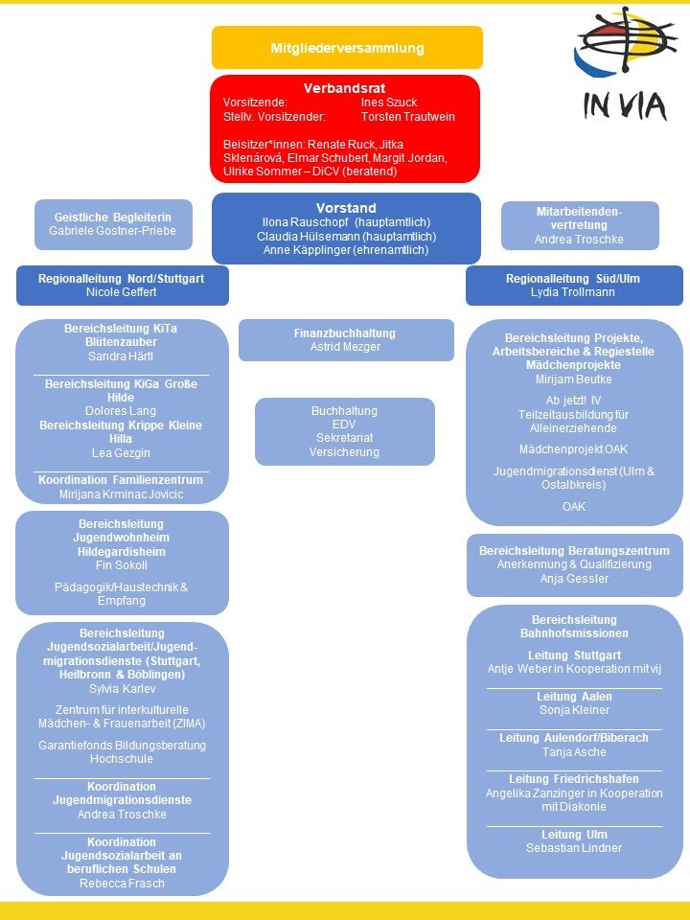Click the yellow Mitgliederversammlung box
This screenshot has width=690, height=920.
[347, 47]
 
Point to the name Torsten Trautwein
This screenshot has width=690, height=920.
[407, 116]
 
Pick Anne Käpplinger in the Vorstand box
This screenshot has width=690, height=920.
[346, 249]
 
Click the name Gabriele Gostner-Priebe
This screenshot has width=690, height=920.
[113, 231]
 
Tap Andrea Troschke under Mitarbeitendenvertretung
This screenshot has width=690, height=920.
[580, 240]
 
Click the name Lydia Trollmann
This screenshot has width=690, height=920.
[574, 291]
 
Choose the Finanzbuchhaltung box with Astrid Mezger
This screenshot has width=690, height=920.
[346, 340]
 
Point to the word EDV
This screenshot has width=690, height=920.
[344, 424]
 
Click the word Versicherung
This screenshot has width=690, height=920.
[344, 451]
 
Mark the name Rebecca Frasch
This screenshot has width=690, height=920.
[121, 883]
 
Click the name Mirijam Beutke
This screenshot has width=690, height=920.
[574, 379]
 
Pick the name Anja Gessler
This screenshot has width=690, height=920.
[574, 578]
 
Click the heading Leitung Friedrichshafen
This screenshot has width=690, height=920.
[574, 778]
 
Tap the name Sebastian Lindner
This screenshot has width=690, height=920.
[574, 847]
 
